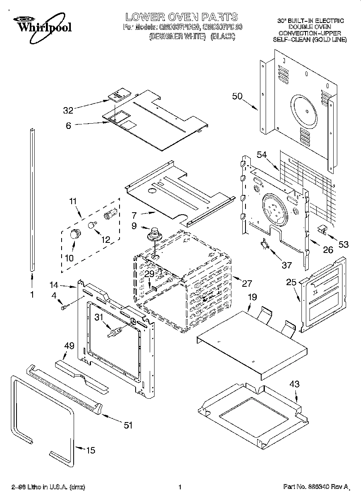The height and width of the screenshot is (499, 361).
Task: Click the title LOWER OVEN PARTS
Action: [x=182, y=17]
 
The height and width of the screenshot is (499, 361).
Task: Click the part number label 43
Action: [x=295, y=384]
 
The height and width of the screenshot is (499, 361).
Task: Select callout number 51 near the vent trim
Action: [x=128, y=425]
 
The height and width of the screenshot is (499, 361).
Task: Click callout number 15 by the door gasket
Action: [x=91, y=450]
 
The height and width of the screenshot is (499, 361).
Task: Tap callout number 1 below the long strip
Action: [x=32, y=294]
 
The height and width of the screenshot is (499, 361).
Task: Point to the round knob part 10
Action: [x=74, y=234]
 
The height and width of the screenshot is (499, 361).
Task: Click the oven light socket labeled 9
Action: [x=154, y=234]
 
